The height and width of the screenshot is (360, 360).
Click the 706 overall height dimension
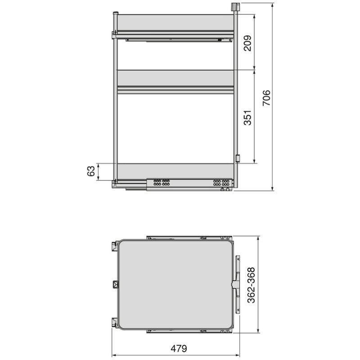coord(266,98)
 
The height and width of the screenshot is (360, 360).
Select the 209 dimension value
coord(247,43)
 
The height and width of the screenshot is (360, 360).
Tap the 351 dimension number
coord(247,117)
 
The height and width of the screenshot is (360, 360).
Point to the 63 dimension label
coord(91,171)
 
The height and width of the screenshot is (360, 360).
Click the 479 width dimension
coord(179,348)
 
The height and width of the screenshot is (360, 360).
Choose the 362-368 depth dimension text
coord(251,285)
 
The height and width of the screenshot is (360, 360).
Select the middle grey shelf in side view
coord(175,78)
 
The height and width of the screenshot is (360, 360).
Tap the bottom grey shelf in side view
coord(175,171)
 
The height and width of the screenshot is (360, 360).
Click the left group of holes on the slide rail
coord(162,183)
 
